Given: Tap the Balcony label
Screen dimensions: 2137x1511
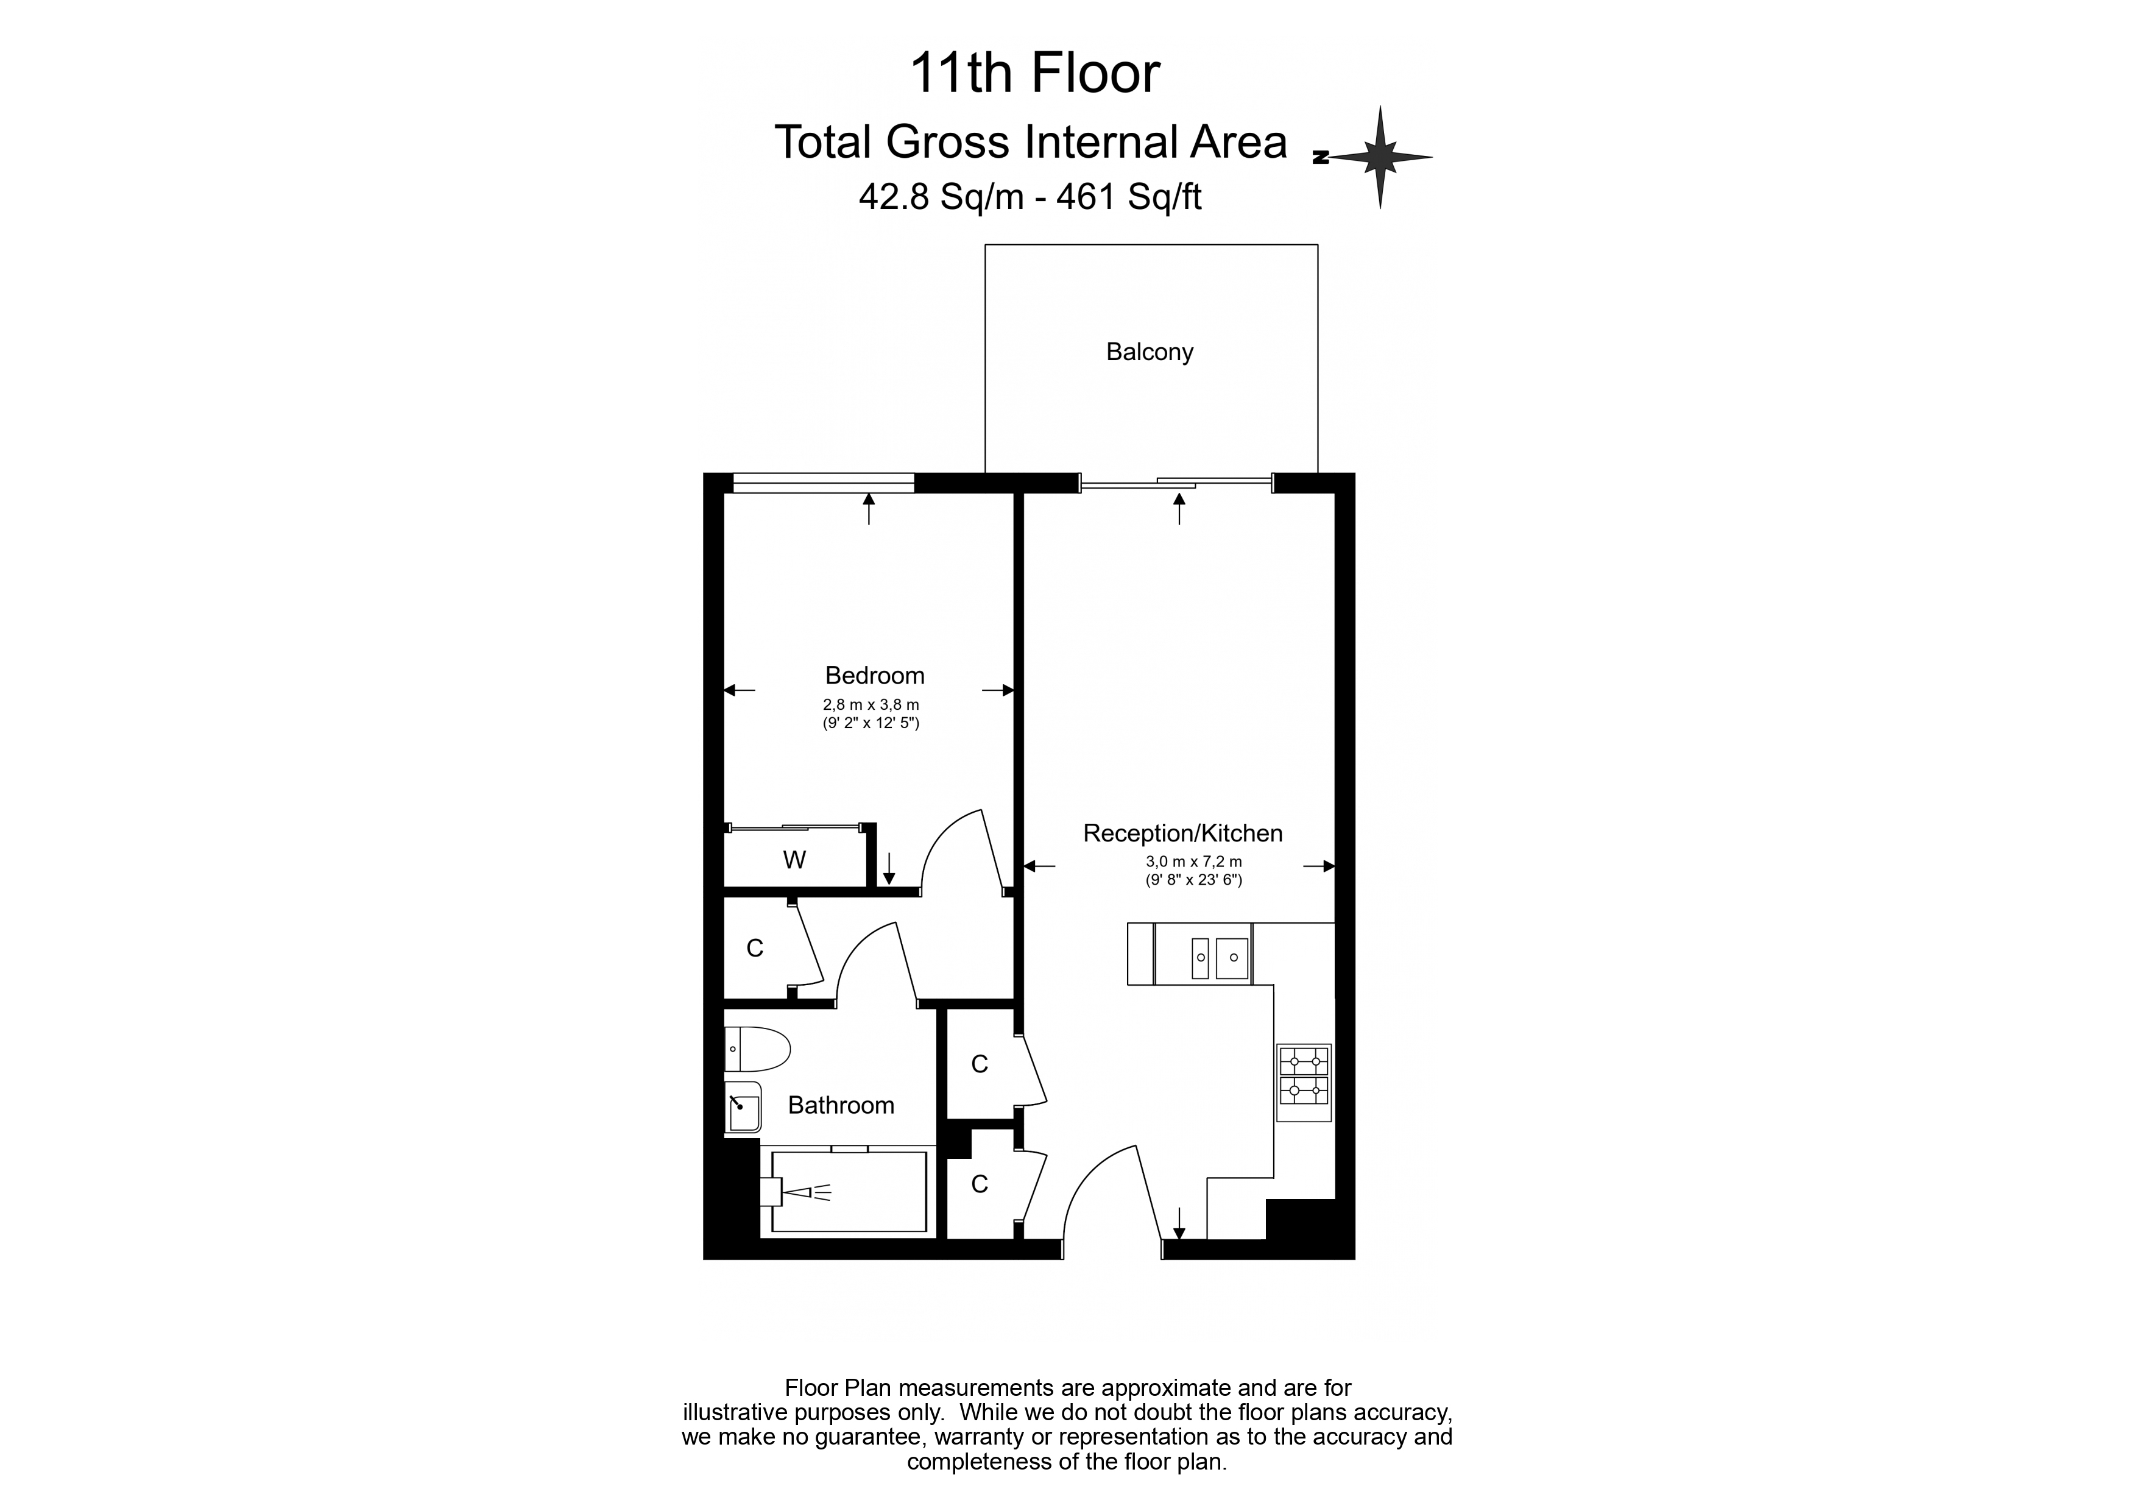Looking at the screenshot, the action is point(1150,352).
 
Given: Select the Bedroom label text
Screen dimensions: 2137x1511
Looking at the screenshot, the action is point(875,675).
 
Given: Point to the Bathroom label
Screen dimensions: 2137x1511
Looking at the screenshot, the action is point(841,1105).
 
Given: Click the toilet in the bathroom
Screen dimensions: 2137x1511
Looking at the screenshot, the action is point(757,1049).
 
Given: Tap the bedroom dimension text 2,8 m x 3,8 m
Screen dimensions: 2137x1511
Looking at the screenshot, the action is point(871,705).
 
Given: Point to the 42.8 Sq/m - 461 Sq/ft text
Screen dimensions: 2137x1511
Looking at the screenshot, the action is point(1030,196).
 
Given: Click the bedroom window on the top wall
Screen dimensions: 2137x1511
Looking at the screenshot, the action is point(824,483).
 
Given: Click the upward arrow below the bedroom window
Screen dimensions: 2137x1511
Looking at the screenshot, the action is point(869,508).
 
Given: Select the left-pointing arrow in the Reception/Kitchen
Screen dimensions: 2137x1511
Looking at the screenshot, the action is point(1040,866).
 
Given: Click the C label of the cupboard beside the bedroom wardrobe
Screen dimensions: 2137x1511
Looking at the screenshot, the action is point(755,948).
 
